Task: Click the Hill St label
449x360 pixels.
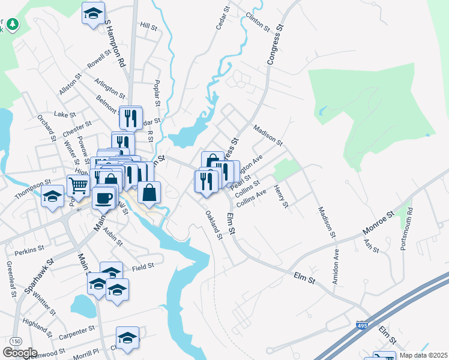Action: [x=148, y=27]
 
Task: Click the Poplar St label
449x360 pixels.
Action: [x=158, y=94]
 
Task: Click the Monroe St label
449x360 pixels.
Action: [x=377, y=223]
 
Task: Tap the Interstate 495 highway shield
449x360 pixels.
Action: [x=360, y=325]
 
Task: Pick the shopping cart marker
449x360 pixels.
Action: [x=79, y=186]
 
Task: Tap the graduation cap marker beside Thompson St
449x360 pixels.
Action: [x=53, y=196]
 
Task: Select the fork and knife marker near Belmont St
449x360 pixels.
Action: [x=130, y=116]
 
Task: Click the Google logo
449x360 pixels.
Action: [x=20, y=353]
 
